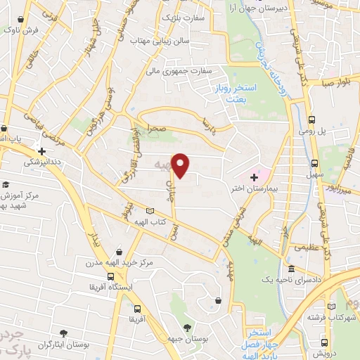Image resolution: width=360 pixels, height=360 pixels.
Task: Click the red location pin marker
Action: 181,165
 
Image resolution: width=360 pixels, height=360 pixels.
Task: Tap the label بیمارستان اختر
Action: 273,190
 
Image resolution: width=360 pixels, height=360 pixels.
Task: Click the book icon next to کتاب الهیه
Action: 148,211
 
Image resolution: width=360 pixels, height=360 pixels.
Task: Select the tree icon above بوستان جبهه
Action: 186,328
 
